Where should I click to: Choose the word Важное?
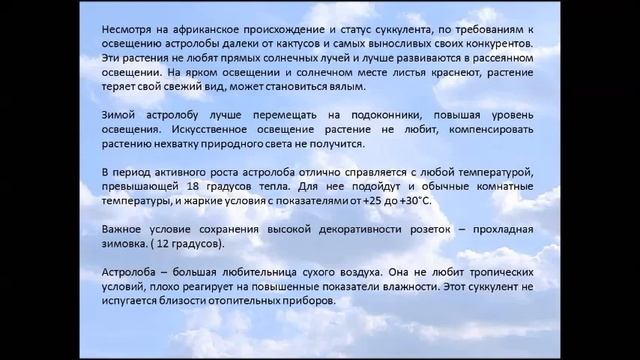tap(125, 231)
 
